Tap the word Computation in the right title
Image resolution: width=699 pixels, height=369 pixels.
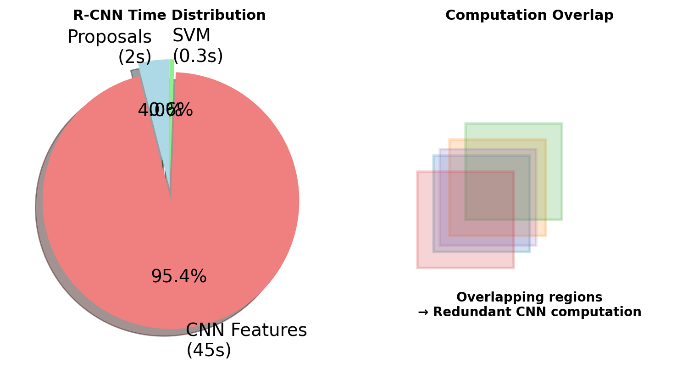click(490, 16)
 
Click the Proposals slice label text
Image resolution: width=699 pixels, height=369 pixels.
click(109, 37)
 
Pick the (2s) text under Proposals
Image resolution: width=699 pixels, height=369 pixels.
click(134, 57)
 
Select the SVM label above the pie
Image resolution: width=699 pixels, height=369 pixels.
click(191, 36)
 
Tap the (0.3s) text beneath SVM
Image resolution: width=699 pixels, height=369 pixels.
click(198, 56)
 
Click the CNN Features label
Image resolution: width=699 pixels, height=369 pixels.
click(246, 330)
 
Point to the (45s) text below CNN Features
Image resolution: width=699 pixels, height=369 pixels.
click(209, 351)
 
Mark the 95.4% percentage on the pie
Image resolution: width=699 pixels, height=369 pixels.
click(178, 277)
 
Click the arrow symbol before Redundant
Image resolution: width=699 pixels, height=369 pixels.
click(423, 312)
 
